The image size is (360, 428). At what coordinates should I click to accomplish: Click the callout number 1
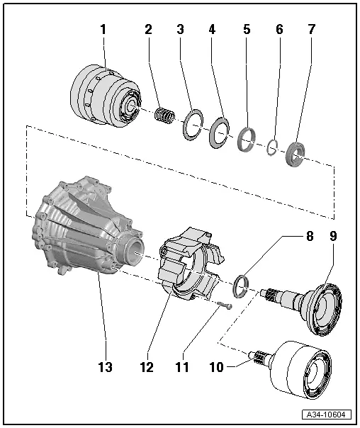coord(103,30)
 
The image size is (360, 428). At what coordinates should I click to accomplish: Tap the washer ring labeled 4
coord(219,131)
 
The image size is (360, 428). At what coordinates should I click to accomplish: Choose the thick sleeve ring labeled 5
coord(247,140)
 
